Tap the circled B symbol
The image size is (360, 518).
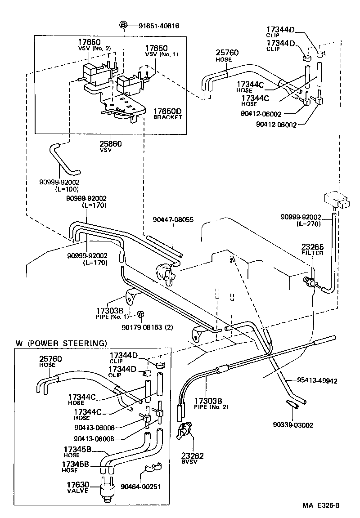pyautogui.click(x=123, y=25)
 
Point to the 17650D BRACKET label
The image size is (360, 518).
pyautogui.click(x=167, y=114)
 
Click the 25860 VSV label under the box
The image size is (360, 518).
pyautogui.click(x=110, y=146)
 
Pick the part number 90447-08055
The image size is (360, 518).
pyautogui.click(x=173, y=220)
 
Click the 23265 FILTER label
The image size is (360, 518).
pyautogui.click(x=312, y=250)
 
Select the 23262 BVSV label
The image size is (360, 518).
pyautogui.click(x=192, y=458)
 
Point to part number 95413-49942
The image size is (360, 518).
pyautogui.click(x=317, y=381)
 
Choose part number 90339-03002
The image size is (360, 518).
pyautogui.click(x=293, y=425)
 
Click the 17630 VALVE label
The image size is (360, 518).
pyautogui.click(x=78, y=487)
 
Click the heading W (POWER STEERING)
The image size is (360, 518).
pyautogui.click(x=62, y=343)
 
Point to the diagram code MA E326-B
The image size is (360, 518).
pyautogui.click(x=321, y=505)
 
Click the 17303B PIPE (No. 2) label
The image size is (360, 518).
pyautogui.click(x=211, y=403)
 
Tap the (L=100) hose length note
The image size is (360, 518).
pyautogui.click(x=67, y=189)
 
